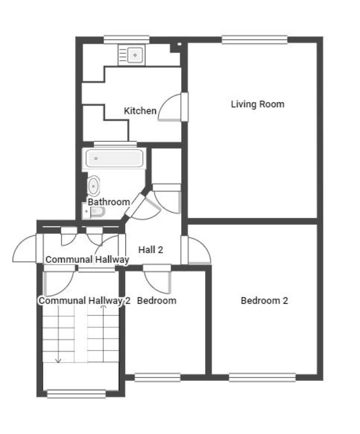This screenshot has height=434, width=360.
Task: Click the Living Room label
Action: pos(257,104)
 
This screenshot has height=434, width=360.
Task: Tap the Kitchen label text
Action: pos(140,111)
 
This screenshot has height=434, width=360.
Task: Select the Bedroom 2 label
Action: pos(264,301)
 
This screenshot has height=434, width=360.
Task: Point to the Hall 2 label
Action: pos(150,250)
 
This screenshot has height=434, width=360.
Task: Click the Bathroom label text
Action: pos(109,202)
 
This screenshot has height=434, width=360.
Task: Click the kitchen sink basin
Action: pos(135,55)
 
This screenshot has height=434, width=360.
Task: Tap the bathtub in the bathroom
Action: pos(114,158)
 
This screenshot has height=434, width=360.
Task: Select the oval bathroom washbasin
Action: pos(93,186)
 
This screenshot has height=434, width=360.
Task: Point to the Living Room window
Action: pos(255,40)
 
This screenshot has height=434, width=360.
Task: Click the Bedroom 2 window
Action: pos(262,378)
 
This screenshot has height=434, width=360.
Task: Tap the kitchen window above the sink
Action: pos(127,40)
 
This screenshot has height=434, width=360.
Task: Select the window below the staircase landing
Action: pos(76,394)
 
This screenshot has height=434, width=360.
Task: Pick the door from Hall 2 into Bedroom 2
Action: pos(196,250)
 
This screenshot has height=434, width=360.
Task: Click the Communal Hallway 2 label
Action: pos(84,301)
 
